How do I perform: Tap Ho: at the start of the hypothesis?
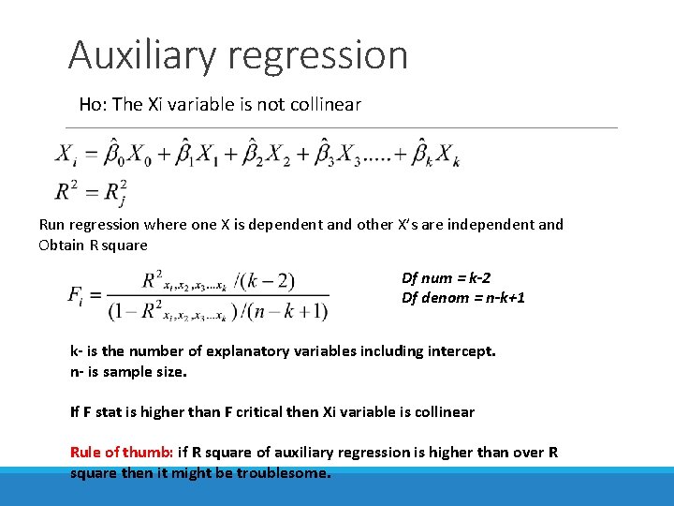[x=93, y=104]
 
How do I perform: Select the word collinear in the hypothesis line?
[x=324, y=104]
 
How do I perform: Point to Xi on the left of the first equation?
[x=66, y=154]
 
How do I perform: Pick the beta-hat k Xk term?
[x=435, y=155]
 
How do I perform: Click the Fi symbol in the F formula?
[x=78, y=294]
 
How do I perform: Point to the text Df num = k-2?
[x=446, y=277]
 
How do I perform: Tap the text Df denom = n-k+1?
[x=463, y=297]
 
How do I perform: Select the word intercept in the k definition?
[x=461, y=351]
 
